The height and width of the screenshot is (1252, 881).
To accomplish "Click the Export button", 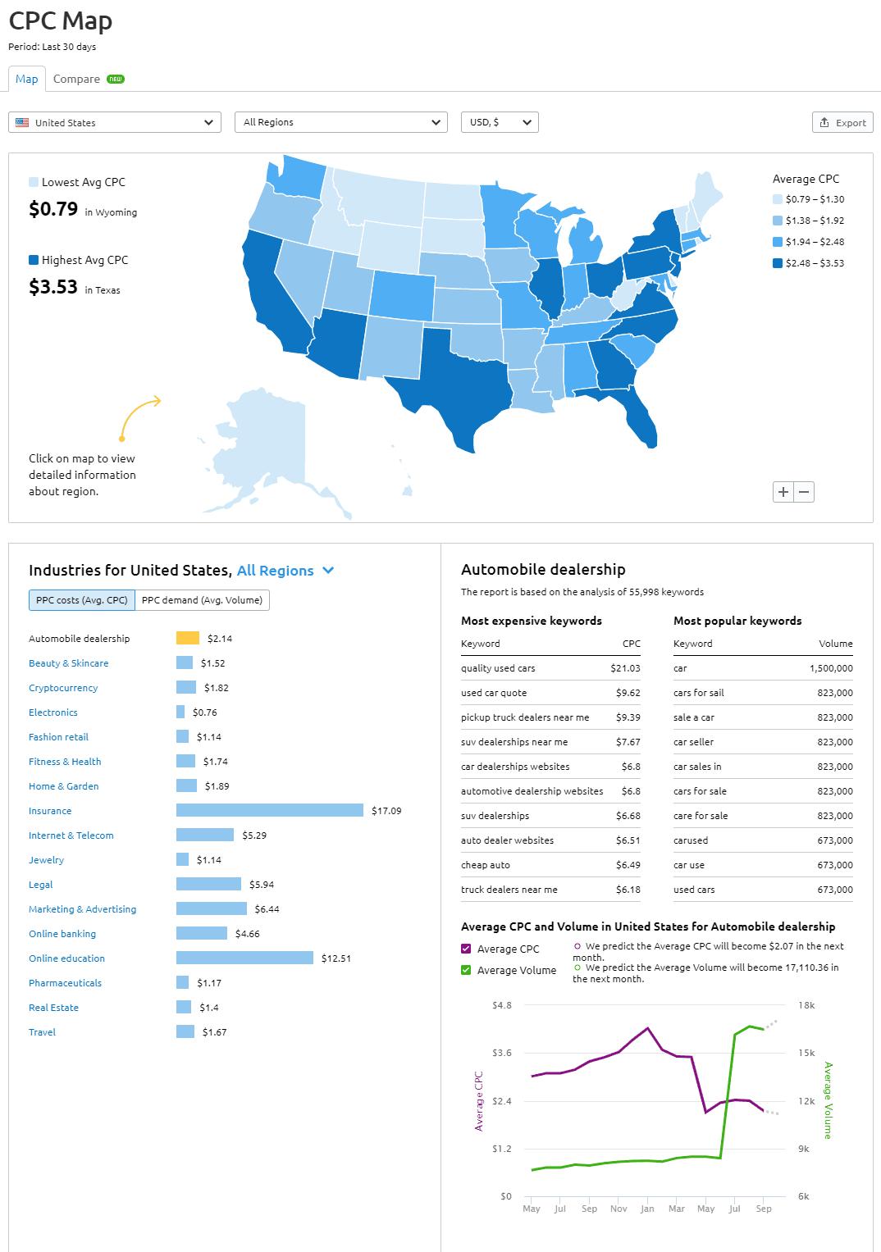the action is coord(842,122).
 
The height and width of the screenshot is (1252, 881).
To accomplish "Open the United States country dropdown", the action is coord(115,122).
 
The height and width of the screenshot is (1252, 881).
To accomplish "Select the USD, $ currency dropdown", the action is coord(500,122).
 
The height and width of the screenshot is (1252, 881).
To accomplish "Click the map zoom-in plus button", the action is coord(783,492).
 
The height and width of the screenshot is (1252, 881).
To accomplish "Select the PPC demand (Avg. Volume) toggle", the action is coord(202,600).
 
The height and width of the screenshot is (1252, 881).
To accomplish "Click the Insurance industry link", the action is coord(50,811).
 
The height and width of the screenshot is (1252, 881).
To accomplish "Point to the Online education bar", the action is coord(244,958).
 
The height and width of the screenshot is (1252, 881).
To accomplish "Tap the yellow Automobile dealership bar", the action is coord(187,638).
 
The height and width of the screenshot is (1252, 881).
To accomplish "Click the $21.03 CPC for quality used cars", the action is coord(625,668).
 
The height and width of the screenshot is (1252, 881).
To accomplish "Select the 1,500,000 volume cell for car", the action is coord(831,668).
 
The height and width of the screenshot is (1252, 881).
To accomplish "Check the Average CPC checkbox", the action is coord(466,949).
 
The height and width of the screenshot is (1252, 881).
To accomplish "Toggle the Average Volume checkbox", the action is coord(466,970).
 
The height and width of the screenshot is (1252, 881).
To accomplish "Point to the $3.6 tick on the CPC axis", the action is coord(502,1053).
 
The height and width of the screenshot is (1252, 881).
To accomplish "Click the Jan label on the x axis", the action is coord(647,1209).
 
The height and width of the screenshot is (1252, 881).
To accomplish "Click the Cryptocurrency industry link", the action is coord(63,688).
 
